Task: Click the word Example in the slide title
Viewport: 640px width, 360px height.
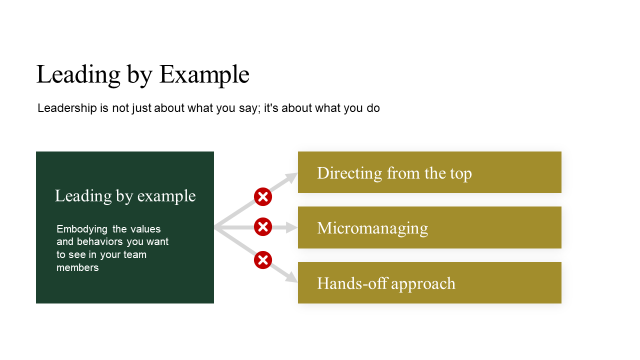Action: coord(204,75)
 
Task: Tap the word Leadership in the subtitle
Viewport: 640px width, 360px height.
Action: coord(67,108)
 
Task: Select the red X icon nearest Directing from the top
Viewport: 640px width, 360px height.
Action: coord(263,197)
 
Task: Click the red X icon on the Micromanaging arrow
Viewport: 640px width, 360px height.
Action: coord(263,227)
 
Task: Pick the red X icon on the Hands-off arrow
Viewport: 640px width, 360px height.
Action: coord(263,260)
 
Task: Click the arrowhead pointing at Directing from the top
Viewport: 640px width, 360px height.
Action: coord(291,177)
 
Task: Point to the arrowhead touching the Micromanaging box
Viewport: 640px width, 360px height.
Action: coord(291,227)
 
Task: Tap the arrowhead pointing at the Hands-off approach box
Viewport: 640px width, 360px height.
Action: coord(291,277)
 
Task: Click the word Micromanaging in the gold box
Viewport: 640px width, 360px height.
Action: coord(372,228)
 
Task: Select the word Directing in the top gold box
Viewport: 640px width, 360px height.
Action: coord(349,173)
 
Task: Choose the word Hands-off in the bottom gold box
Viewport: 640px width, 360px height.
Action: coord(352,283)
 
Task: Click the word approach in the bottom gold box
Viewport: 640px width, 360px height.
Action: coord(423,284)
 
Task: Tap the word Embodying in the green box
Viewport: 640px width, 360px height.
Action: coord(82,229)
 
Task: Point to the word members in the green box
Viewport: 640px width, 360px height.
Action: coord(77,267)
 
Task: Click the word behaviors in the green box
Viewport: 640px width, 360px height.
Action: coord(99,241)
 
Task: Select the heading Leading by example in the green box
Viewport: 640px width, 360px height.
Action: coord(125,196)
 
